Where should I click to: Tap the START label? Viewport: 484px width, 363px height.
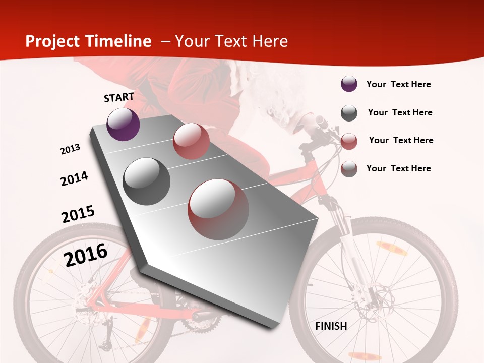coord(119,97)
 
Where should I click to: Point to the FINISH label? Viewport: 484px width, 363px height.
coord(331,326)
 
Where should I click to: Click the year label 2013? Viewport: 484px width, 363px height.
coord(71,149)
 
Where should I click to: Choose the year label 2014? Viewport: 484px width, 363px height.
coord(75,179)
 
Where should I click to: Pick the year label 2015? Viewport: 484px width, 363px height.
coord(78,214)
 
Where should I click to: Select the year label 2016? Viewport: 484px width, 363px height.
coord(86,255)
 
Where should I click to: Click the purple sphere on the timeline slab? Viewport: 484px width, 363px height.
coord(123,125)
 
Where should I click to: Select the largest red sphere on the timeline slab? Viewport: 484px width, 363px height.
coord(218,209)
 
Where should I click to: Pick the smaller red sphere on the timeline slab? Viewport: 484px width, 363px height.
coord(191,141)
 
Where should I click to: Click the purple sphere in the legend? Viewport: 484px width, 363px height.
coord(349,84)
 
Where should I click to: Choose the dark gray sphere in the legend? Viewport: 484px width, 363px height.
coord(349,113)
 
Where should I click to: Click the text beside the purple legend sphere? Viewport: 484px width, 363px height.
coord(398,84)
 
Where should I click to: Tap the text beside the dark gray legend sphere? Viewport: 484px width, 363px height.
coord(400,112)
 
